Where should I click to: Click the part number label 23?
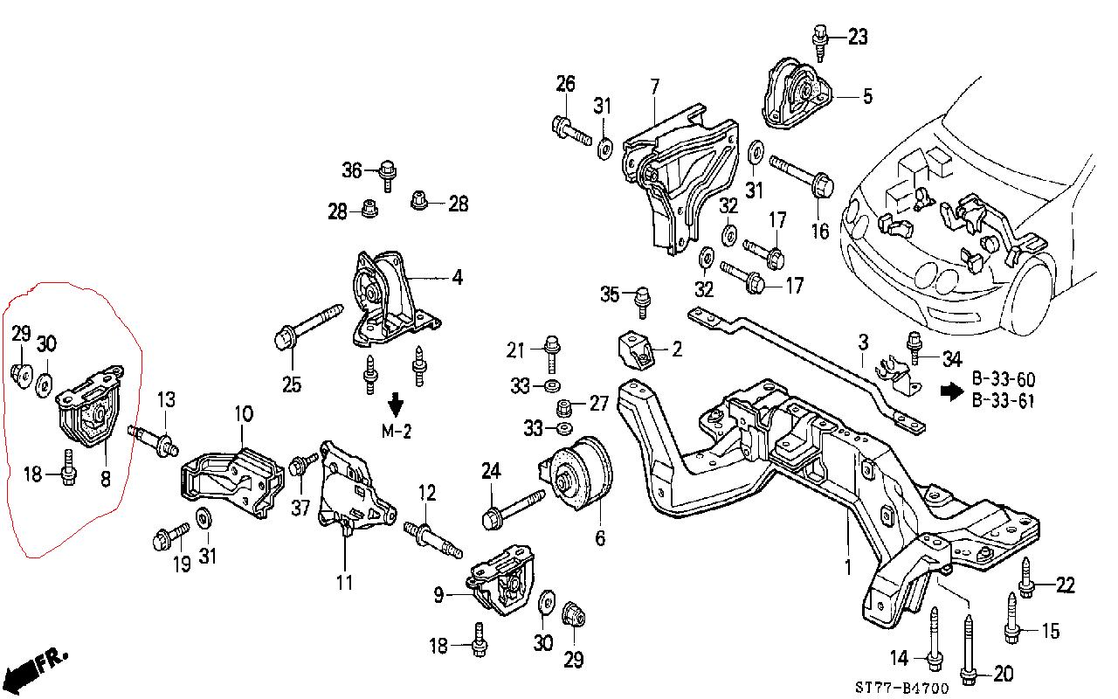tap(858, 37)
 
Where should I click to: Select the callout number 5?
tap(867, 96)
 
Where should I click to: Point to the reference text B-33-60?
tap(1004, 380)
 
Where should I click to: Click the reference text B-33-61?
tap(1004, 401)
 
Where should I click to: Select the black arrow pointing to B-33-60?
tap(952, 391)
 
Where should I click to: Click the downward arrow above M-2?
tap(396, 403)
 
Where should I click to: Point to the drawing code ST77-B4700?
tap(901, 688)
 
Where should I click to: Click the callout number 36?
tap(351, 170)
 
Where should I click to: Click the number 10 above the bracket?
tap(243, 412)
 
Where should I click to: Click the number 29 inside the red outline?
tap(22, 333)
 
